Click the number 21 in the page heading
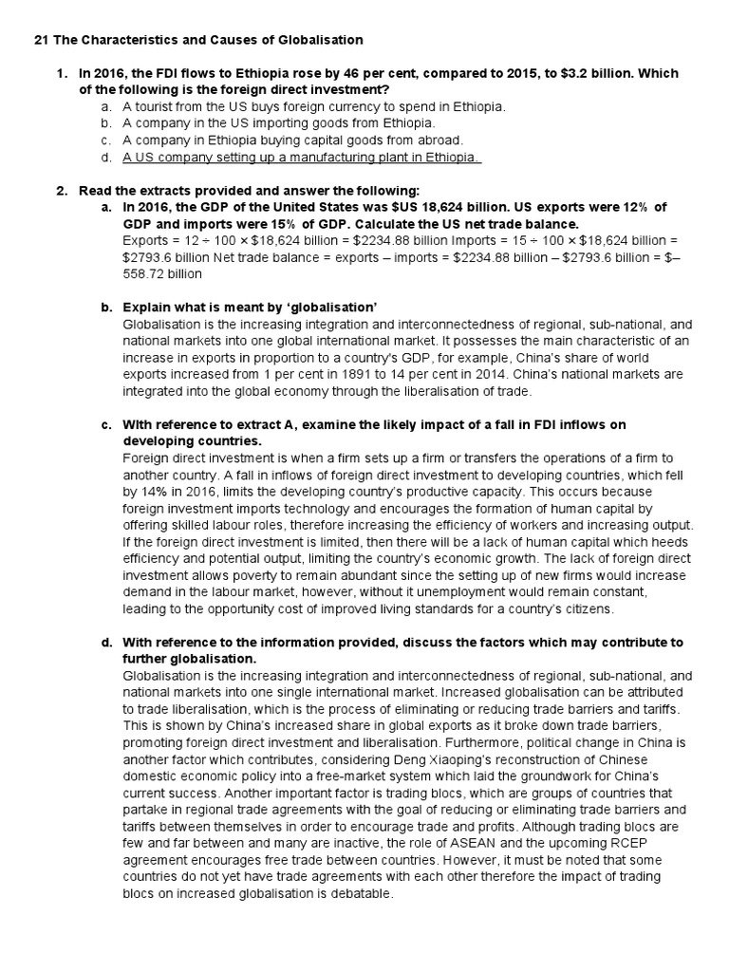pos(41,40)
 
